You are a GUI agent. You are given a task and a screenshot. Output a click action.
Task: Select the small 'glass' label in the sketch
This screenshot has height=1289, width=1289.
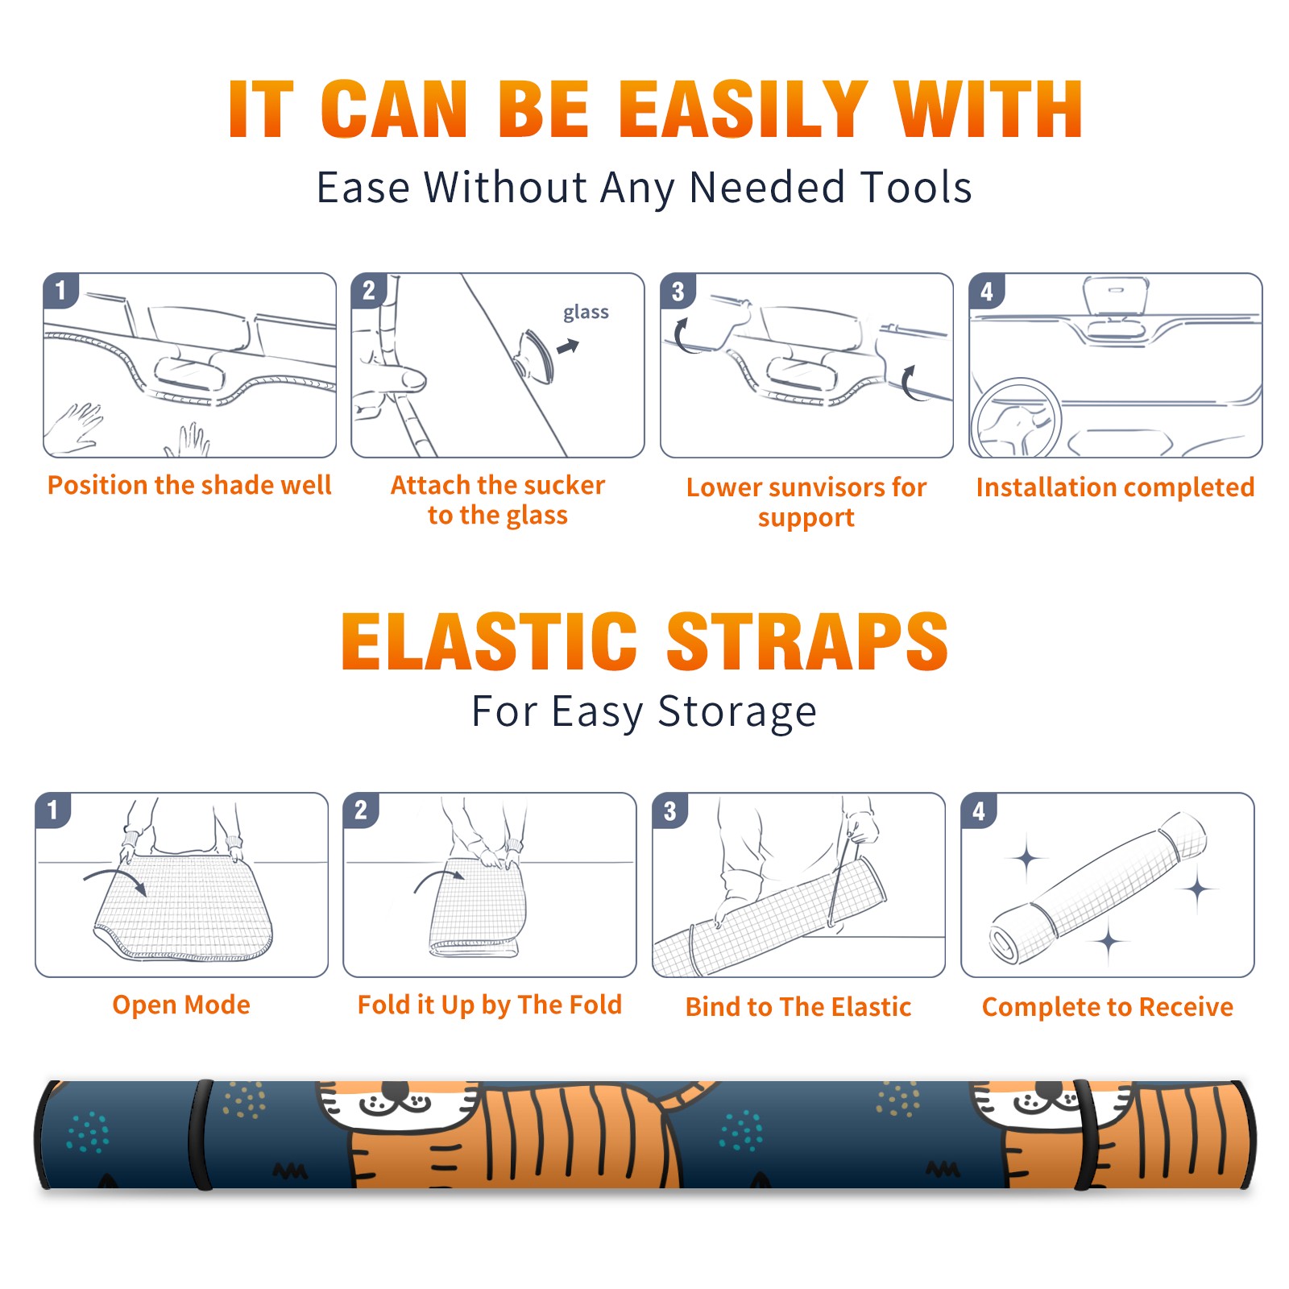[x=586, y=313]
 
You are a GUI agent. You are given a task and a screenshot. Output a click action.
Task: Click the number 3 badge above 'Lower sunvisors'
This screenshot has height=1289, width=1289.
[x=678, y=291]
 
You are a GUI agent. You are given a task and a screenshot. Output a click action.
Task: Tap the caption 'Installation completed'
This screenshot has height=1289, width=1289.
[x=1115, y=487]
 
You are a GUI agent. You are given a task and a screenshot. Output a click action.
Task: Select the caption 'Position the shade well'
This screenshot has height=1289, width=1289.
[x=189, y=485]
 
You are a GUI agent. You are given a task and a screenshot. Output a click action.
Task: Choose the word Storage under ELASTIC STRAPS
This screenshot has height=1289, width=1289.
[x=737, y=712]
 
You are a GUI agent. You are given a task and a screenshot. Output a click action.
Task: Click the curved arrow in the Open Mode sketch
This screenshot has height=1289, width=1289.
[x=114, y=879]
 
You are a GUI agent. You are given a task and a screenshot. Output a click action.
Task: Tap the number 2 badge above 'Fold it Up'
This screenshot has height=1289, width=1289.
[x=361, y=810]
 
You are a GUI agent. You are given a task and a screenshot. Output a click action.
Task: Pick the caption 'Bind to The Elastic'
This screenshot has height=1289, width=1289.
[x=798, y=1007]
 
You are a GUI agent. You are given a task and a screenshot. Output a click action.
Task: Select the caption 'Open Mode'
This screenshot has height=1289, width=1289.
[x=181, y=1005]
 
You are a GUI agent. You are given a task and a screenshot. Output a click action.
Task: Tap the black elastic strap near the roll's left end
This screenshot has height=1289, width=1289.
[x=201, y=1135]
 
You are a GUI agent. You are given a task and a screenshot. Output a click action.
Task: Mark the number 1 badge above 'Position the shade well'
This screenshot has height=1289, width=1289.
[x=61, y=290]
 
